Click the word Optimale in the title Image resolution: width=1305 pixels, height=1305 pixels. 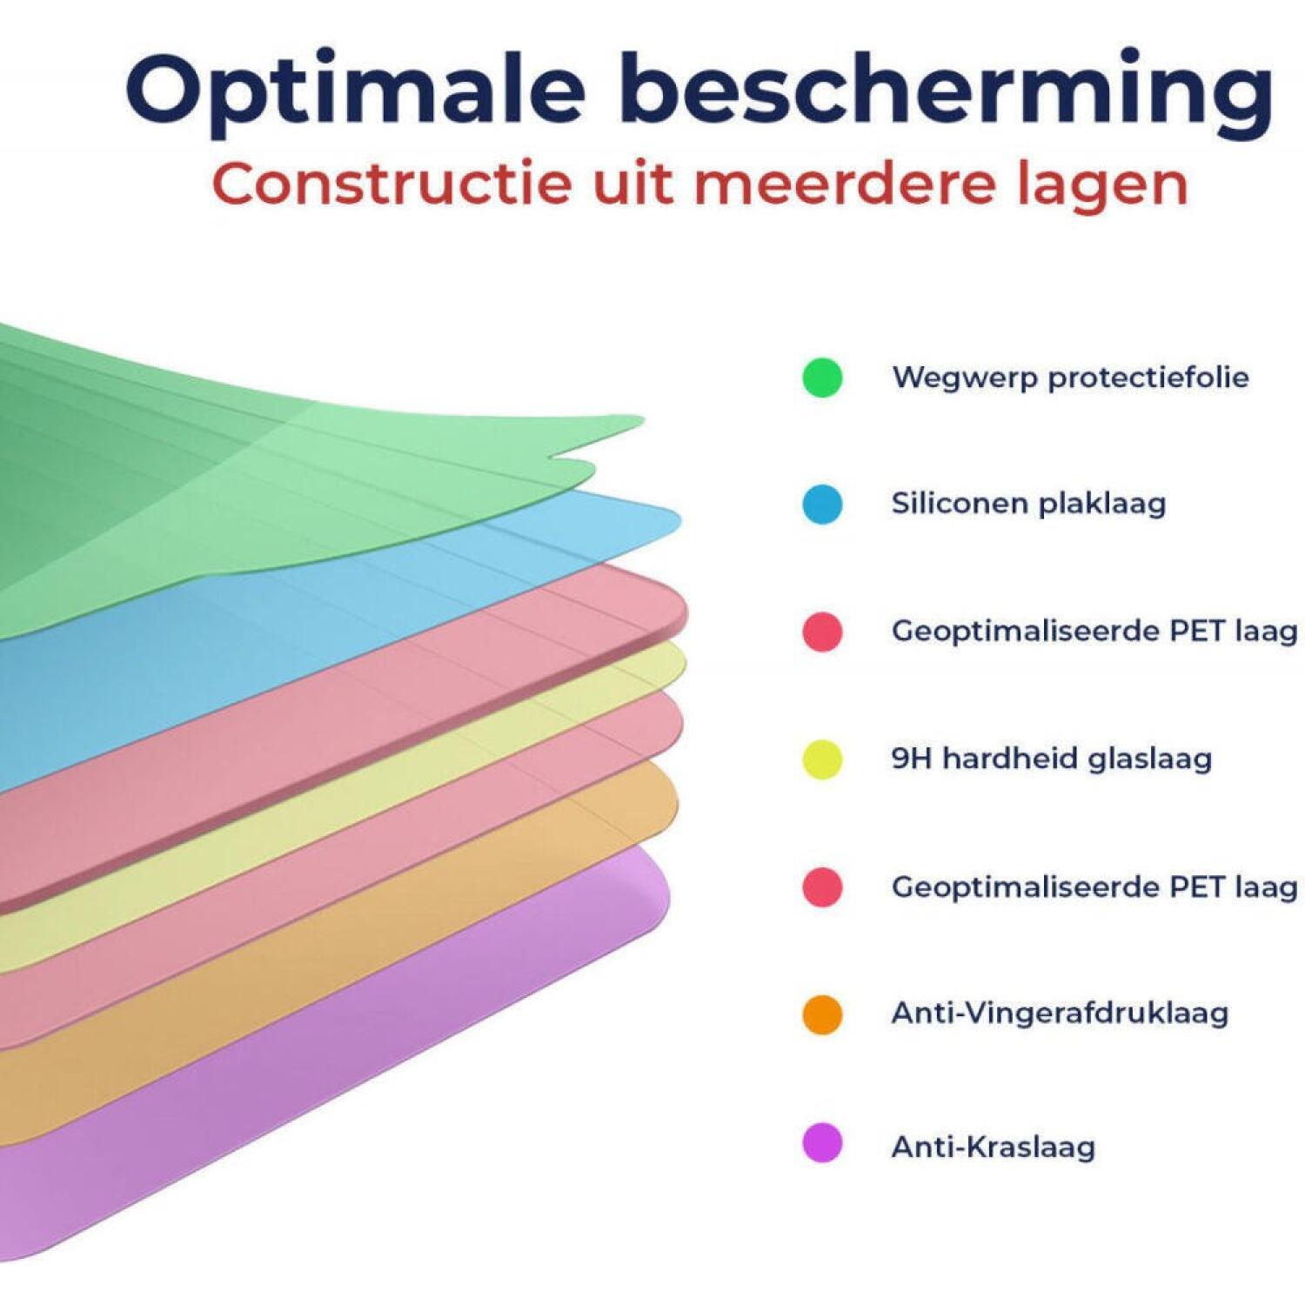(x=355, y=91)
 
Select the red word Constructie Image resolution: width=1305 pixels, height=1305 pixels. (x=392, y=183)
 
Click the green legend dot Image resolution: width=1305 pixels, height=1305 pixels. (x=822, y=378)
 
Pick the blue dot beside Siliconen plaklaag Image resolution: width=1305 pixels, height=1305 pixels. (x=822, y=505)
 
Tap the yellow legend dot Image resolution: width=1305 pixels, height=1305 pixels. (x=822, y=760)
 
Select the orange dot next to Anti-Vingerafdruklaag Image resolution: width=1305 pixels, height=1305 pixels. (x=822, y=1014)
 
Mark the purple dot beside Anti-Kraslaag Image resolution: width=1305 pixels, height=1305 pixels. (x=822, y=1142)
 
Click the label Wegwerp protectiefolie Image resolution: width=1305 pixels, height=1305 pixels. (x=1070, y=378)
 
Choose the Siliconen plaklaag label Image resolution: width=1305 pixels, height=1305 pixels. (x=1028, y=504)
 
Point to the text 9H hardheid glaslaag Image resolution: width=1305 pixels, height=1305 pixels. (x=1051, y=759)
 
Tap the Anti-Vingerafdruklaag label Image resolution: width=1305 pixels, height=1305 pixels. (x=1060, y=1014)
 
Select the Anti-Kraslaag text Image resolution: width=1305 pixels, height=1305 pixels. (x=993, y=1147)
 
